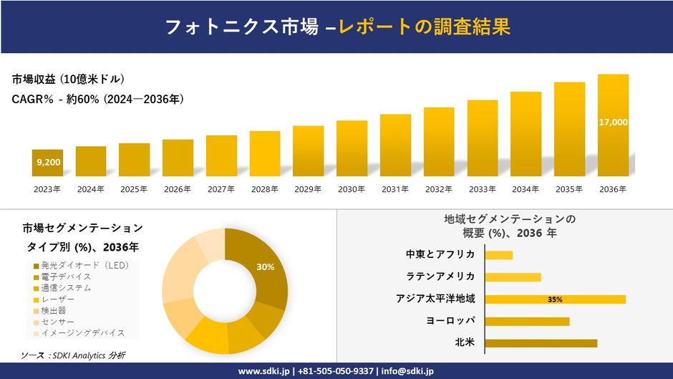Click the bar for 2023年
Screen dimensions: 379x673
point(48,163)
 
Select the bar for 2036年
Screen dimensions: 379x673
point(613,125)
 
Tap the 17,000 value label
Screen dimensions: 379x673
point(613,123)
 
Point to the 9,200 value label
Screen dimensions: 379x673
point(48,163)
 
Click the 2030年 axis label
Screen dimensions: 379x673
point(352,189)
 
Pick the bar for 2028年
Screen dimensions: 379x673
point(265,153)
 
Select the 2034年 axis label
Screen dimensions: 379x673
point(526,189)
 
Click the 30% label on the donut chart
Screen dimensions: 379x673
point(266,267)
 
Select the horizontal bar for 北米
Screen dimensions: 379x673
point(541,343)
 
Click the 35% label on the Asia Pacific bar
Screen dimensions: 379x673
point(555,299)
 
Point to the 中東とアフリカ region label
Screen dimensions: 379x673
point(440,255)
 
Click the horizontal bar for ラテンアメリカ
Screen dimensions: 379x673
point(513,277)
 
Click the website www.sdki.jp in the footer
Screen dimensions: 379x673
point(263,371)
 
